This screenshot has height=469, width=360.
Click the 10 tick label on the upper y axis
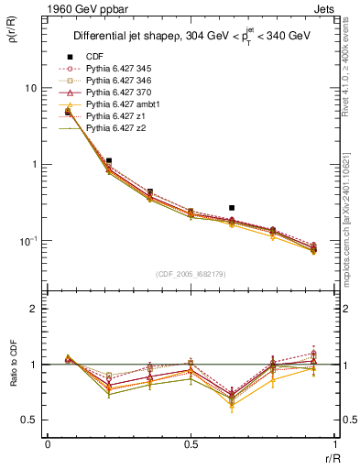click(31, 88)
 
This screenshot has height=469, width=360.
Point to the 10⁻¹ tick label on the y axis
click(27, 240)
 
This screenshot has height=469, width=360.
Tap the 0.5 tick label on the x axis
click(191, 443)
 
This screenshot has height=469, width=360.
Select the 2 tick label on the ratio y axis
click(34, 310)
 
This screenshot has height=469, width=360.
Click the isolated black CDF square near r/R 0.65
click(232, 208)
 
